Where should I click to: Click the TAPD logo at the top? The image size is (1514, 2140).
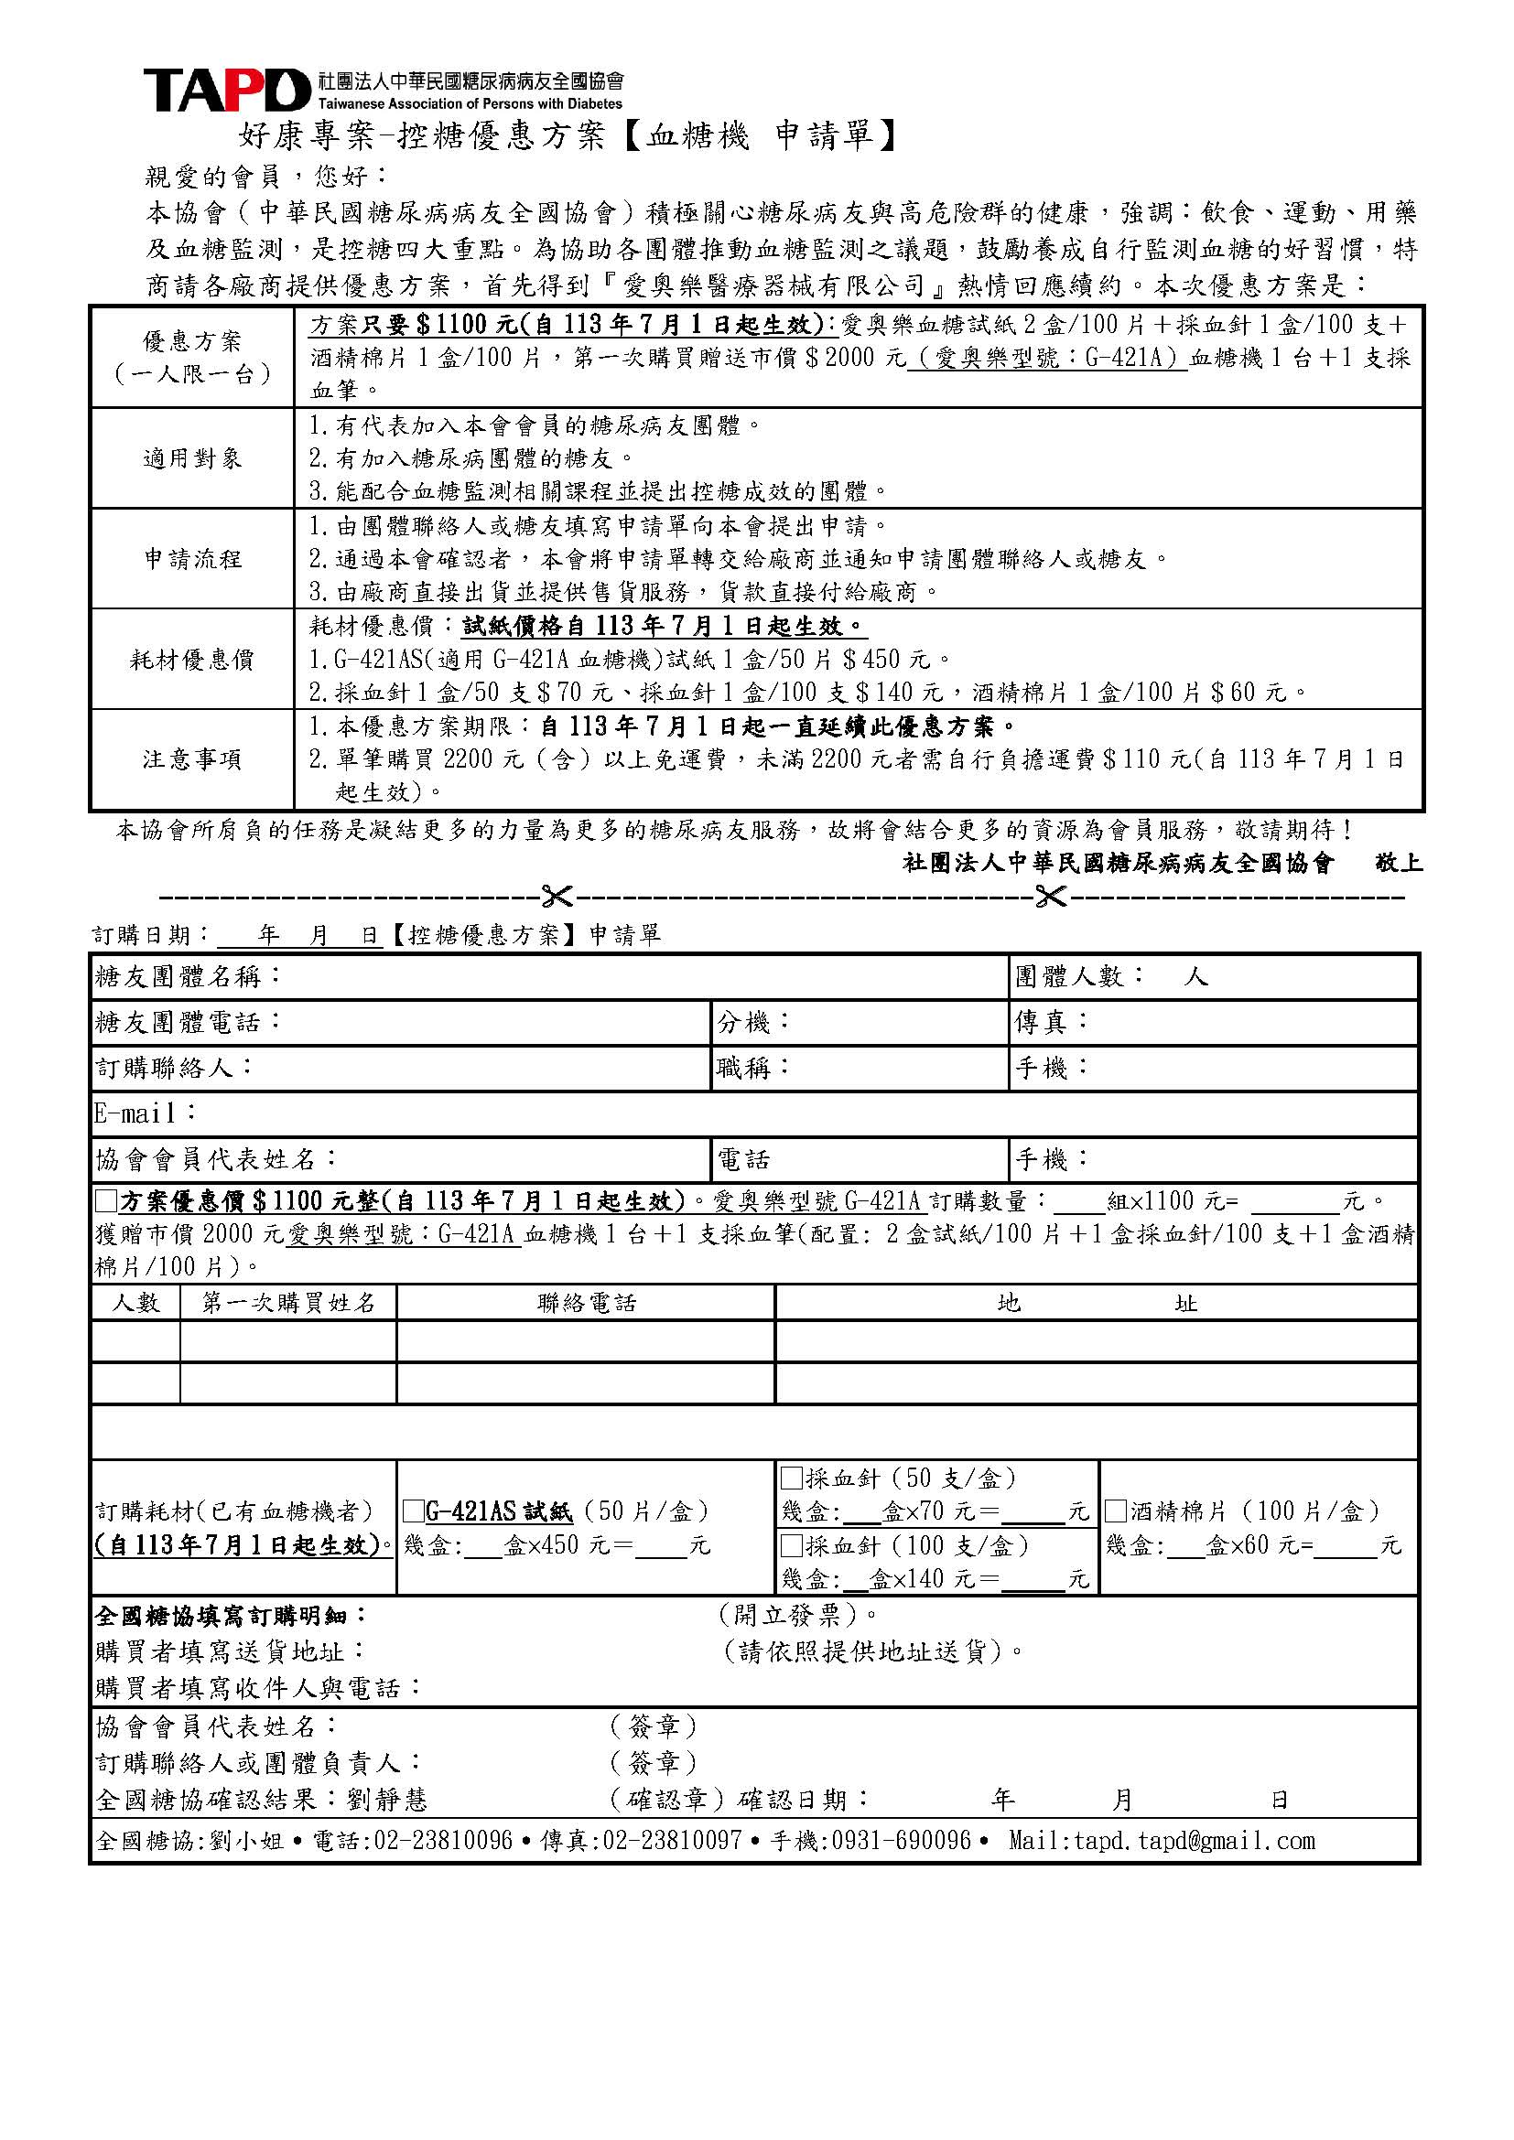(x=226, y=91)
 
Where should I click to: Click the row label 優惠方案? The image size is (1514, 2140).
(x=192, y=341)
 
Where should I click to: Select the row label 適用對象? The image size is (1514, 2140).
(x=192, y=457)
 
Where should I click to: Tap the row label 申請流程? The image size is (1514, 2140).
(x=192, y=558)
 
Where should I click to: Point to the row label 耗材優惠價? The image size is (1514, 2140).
(x=192, y=659)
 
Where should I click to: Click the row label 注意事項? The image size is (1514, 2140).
(x=192, y=759)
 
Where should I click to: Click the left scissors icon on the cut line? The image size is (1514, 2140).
(x=557, y=897)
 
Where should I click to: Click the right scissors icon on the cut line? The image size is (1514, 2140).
(x=1051, y=897)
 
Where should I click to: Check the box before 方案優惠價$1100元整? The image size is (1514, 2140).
(x=106, y=1199)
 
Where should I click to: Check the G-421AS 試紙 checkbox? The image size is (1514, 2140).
(x=413, y=1510)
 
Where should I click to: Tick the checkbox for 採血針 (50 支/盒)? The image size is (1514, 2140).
(x=792, y=1478)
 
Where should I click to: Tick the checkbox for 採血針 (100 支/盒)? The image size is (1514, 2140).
(x=792, y=1545)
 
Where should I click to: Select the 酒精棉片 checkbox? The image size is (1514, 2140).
(x=1115, y=1510)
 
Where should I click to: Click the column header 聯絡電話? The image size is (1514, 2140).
(x=587, y=1302)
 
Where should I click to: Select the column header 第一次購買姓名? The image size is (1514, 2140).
(x=288, y=1302)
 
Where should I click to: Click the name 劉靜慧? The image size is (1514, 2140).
(x=387, y=1798)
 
